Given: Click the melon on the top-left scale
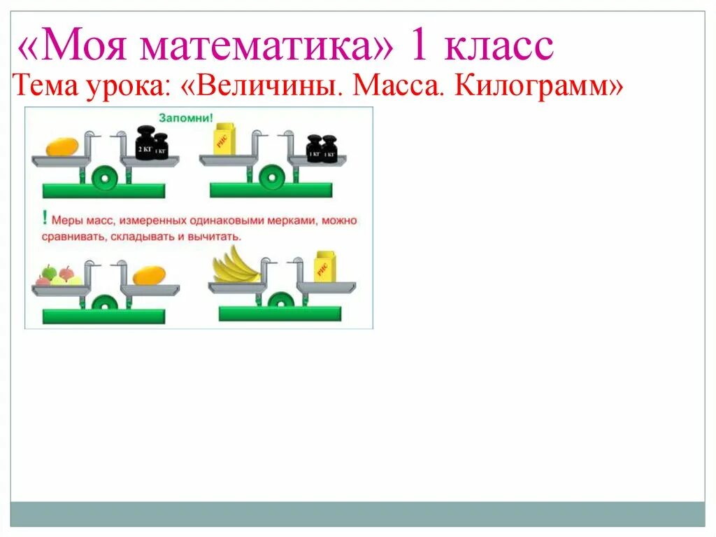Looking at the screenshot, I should (x=62, y=146).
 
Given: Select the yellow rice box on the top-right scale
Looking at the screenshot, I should (x=224, y=138).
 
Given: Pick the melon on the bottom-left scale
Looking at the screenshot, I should (x=149, y=275).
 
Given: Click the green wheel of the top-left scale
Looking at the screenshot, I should (x=103, y=178).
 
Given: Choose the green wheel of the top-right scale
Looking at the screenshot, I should (x=271, y=178).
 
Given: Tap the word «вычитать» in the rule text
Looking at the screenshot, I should (x=221, y=237).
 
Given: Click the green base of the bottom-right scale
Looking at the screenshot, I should (x=279, y=314).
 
